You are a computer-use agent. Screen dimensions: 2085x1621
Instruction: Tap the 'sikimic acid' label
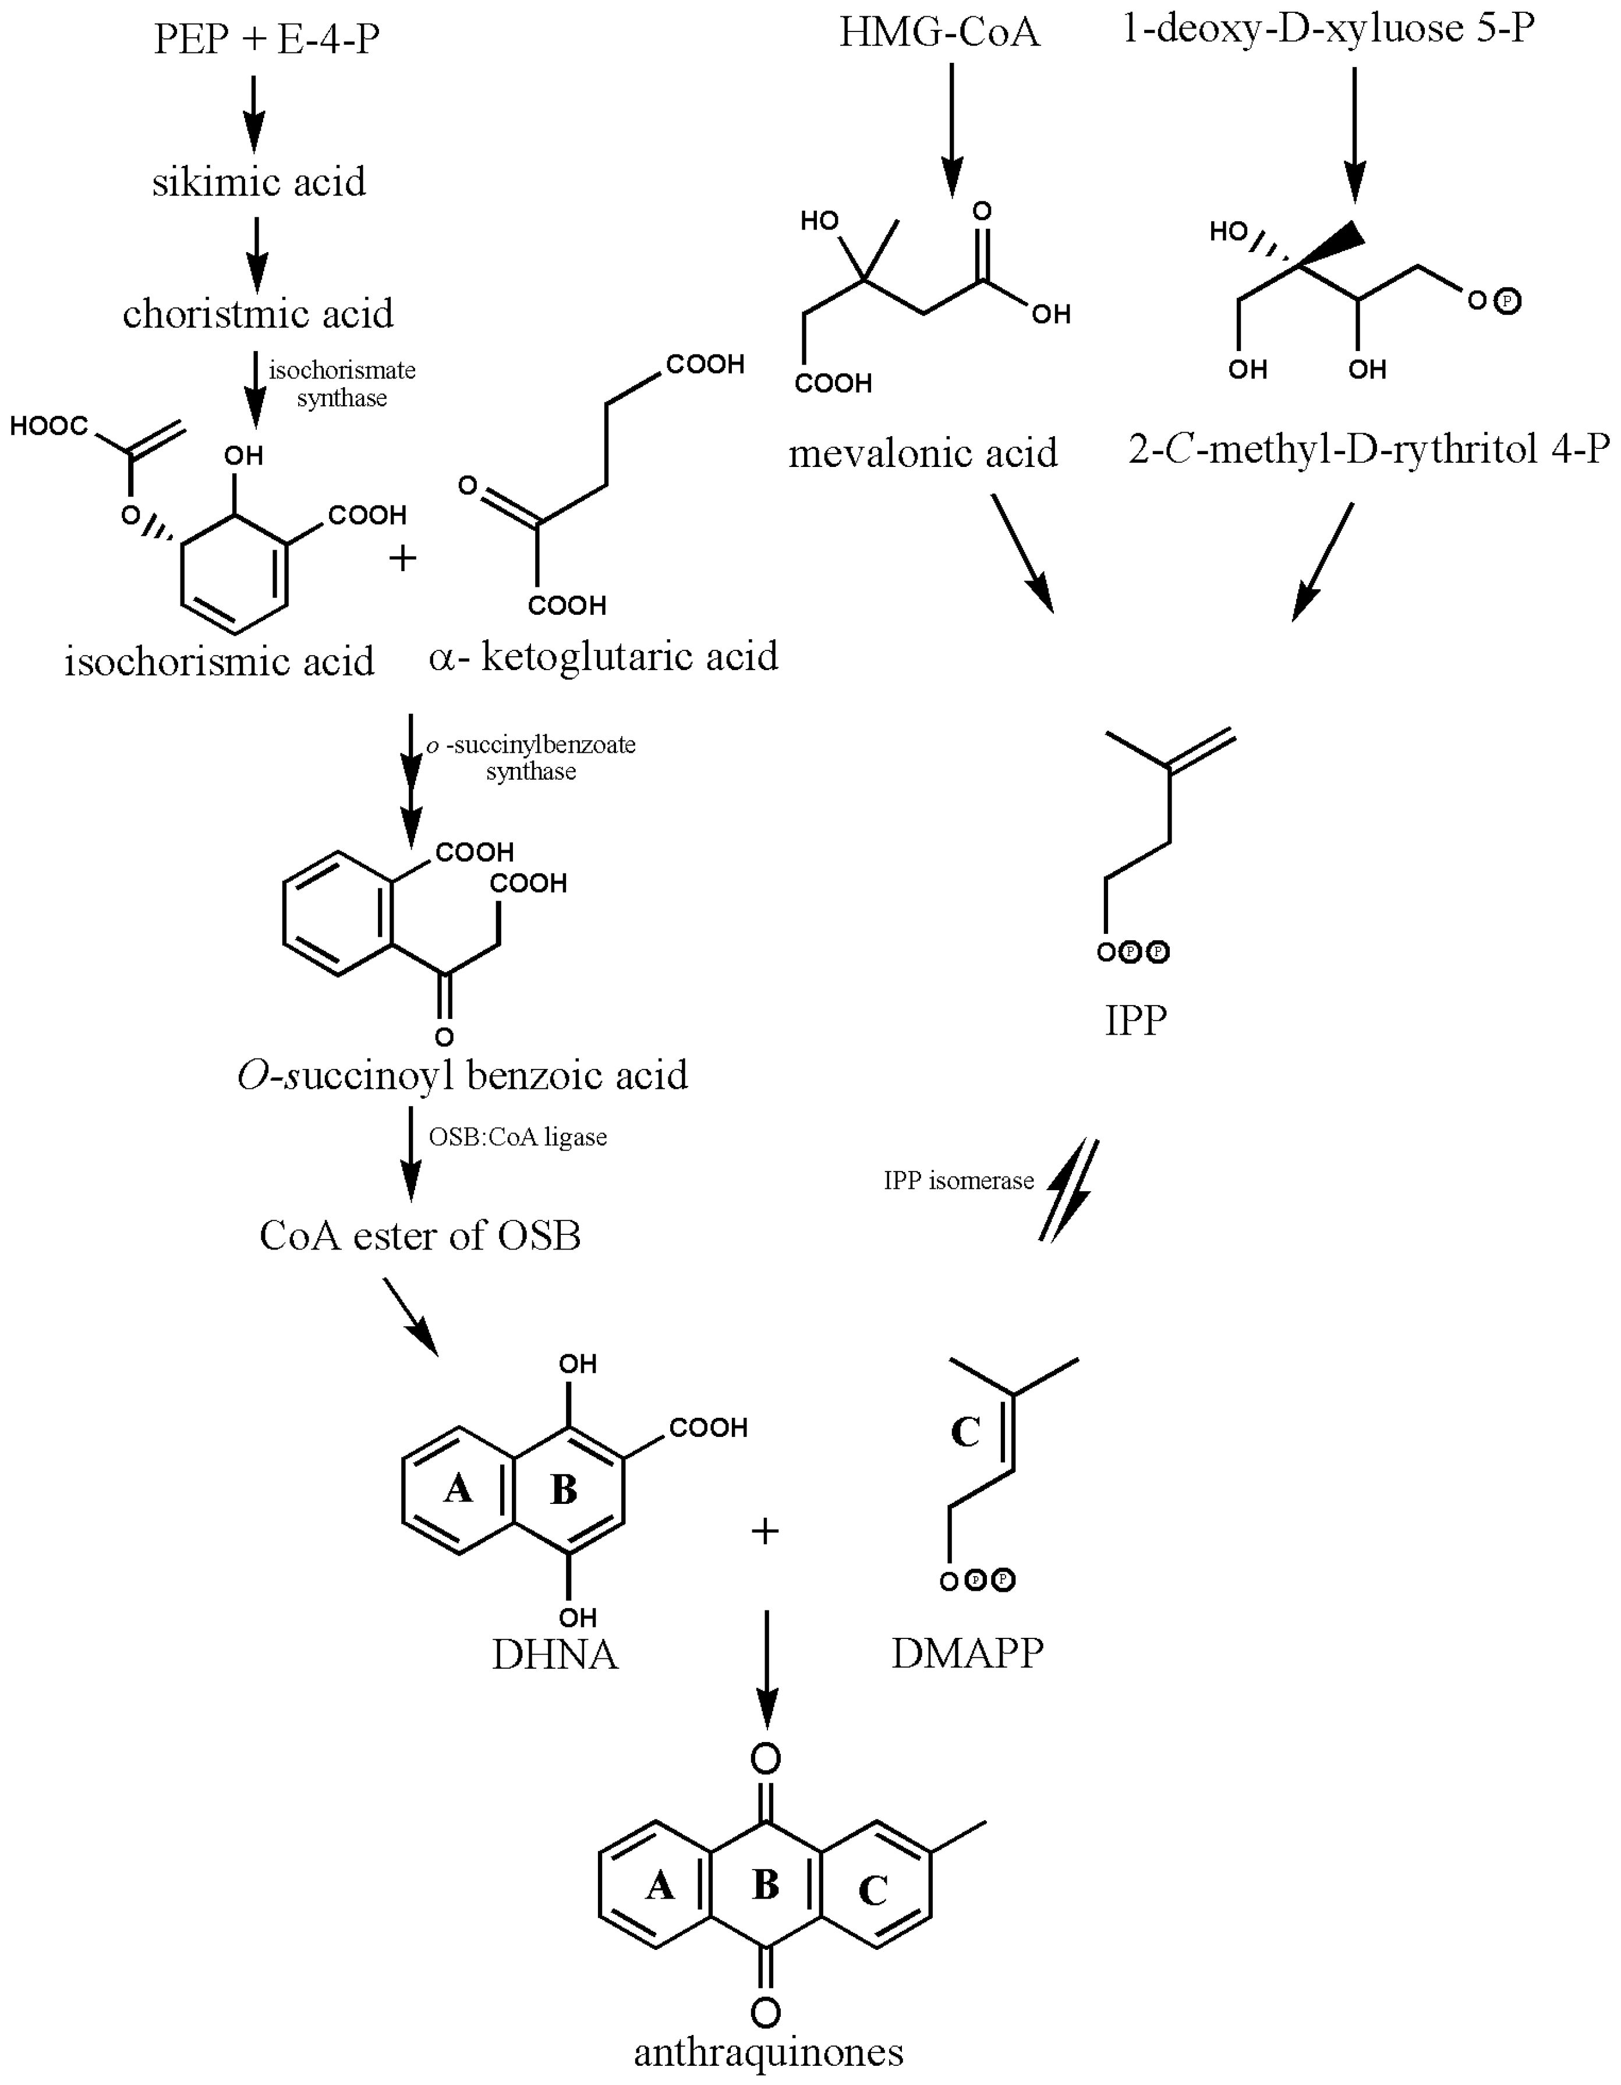click(259, 182)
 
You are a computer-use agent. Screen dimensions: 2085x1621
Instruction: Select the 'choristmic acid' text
click(258, 313)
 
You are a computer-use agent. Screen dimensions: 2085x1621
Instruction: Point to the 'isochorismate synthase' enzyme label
click(341, 384)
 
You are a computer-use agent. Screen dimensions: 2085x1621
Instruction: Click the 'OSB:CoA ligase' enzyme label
click(518, 1137)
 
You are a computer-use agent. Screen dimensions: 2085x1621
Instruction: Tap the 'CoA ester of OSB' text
click(420, 1236)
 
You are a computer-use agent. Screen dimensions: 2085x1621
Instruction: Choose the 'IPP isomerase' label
click(958, 1181)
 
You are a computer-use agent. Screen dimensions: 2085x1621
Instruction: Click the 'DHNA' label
click(555, 1655)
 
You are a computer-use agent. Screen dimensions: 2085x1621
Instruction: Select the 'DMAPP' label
click(967, 1652)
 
